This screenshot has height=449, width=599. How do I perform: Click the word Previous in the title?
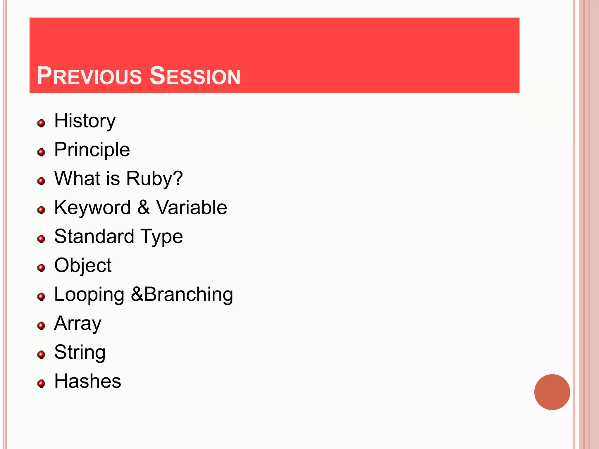click(x=89, y=76)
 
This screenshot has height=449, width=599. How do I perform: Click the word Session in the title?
click(x=195, y=76)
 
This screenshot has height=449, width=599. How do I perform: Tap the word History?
click(x=85, y=121)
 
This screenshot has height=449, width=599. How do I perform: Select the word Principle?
click(x=92, y=150)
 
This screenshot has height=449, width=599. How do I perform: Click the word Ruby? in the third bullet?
click(x=154, y=179)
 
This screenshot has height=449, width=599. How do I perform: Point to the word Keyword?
click(x=92, y=208)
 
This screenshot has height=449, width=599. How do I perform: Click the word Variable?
click(x=192, y=207)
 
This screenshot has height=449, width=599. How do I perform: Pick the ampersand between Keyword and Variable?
click(x=143, y=207)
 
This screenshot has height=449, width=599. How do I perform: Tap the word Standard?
click(x=94, y=236)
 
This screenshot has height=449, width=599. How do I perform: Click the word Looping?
click(x=89, y=295)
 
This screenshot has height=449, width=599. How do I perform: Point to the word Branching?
click(x=189, y=294)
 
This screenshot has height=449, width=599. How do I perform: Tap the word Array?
click(x=78, y=324)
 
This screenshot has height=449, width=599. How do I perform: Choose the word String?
click(x=80, y=353)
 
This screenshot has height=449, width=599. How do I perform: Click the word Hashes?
click(x=88, y=381)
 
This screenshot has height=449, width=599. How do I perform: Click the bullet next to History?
click(x=42, y=123)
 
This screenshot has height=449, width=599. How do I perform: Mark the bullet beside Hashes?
click(x=42, y=384)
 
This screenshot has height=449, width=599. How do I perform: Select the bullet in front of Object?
click(x=42, y=268)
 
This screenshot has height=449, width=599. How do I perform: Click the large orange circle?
click(x=552, y=392)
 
